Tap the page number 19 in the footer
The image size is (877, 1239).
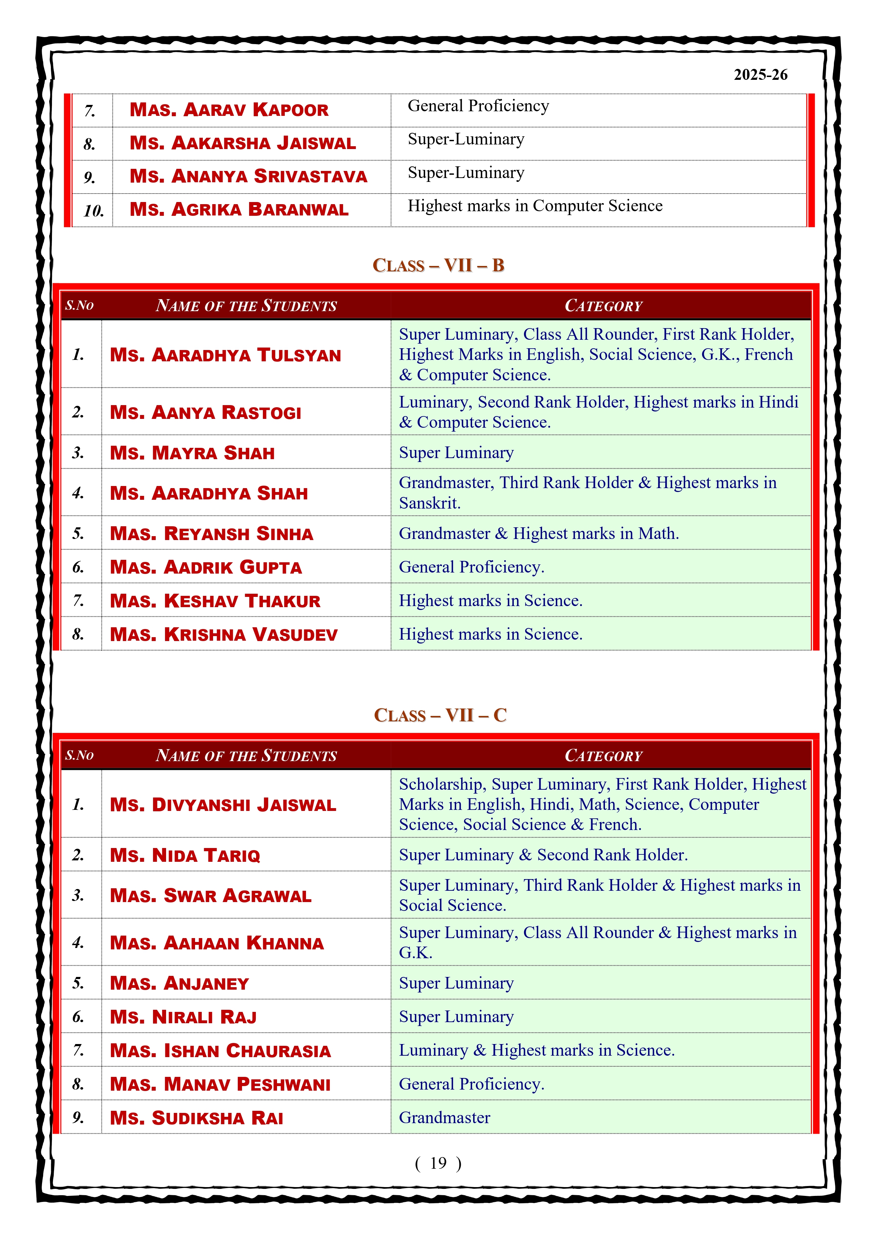click(x=438, y=1163)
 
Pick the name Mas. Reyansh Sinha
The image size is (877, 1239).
click(x=211, y=534)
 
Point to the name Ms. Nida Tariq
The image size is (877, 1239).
click(x=185, y=855)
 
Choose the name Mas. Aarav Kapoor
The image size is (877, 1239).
click(x=229, y=110)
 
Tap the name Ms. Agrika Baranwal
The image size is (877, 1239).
click(x=239, y=209)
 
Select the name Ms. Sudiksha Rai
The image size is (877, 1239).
click(x=196, y=1118)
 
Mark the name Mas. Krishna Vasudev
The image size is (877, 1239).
click(x=224, y=635)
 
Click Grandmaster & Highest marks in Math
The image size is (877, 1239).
click(x=538, y=534)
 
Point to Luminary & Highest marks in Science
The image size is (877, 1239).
click(x=537, y=1050)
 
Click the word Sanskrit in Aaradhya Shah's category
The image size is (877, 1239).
click(x=429, y=503)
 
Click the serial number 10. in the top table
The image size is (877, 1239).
click(x=93, y=211)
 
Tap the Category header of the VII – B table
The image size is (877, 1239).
click(x=603, y=306)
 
